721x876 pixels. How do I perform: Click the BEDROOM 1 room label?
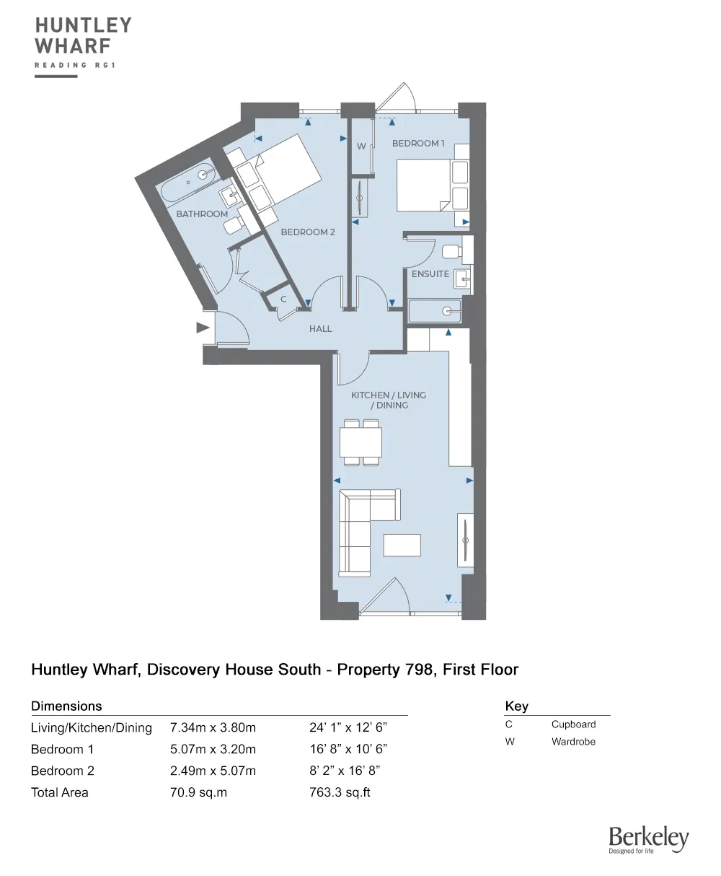(418, 144)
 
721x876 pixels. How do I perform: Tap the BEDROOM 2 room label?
(308, 232)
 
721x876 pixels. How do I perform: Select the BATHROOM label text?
(202, 214)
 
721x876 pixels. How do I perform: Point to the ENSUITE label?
(430, 274)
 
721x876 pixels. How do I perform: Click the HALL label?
(320, 329)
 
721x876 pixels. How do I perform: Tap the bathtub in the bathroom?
(188, 183)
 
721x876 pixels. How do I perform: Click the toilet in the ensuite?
(451, 252)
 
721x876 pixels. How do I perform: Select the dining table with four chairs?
(361, 442)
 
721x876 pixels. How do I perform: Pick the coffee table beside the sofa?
(402, 545)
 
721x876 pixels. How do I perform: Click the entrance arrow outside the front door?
(202, 328)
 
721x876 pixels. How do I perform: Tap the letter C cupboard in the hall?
(283, 299)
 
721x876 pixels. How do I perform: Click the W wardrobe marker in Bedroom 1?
(361, 146)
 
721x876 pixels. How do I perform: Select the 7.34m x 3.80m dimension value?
(213, 727)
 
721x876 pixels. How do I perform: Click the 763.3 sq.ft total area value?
(340, 792)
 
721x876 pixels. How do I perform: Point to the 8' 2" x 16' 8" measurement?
(345, 771)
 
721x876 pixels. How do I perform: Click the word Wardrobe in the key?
(573, 742)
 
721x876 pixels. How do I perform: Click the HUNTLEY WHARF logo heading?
(84, 36)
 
